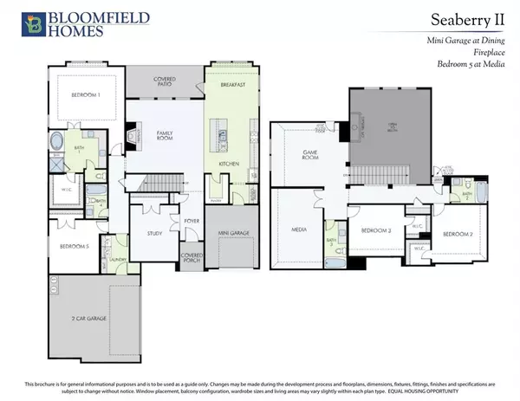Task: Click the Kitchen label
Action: click(x=229, y=164)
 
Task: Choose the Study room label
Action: click(x=155, y=233)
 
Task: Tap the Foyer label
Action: click(x=192, y=221)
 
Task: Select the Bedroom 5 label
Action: click(x=68, y=246)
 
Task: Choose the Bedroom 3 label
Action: click(x=377, y=230)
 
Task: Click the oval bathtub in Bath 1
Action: click(x=59, y=142)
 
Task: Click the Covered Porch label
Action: click(x=192, y=257)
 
